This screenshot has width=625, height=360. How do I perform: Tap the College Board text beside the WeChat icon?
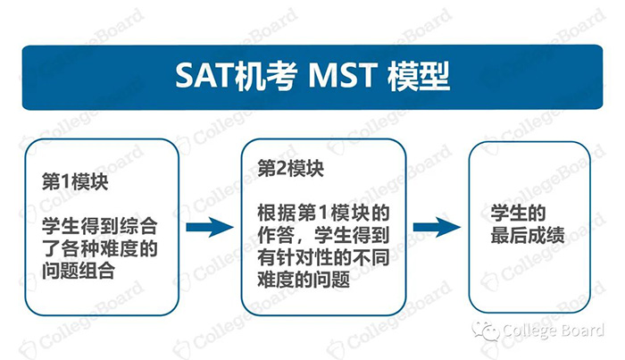(554, 332)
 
